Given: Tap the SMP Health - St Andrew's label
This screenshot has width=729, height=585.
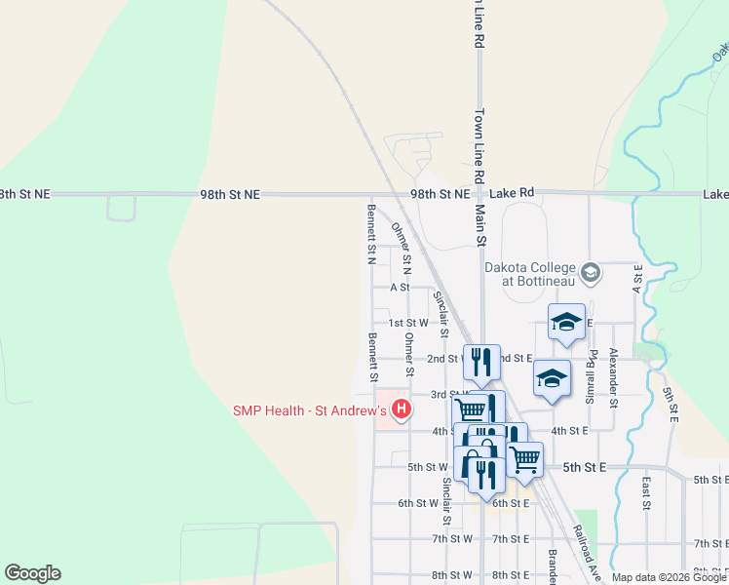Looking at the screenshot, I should point(309,411).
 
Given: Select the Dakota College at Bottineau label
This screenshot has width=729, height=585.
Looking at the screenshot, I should point(531,273).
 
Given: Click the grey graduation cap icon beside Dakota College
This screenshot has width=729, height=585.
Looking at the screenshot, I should point(589,273).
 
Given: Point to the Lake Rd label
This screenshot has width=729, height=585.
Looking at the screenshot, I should point(513,194).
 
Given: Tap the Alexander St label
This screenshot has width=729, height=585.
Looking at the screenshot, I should point(614,377).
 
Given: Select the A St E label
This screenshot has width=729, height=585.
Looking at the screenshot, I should point(637,279).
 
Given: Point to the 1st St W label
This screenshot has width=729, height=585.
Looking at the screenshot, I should point(408,323).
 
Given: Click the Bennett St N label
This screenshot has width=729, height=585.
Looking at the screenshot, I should point(371,234).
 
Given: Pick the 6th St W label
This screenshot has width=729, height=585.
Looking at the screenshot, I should point(418,503).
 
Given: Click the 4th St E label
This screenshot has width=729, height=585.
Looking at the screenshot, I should point(570,430).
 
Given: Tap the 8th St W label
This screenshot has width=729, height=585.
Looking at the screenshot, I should point(452,575).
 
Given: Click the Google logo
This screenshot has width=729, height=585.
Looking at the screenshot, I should point(32,573).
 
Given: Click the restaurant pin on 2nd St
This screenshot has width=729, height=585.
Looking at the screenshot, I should point(481,362).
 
